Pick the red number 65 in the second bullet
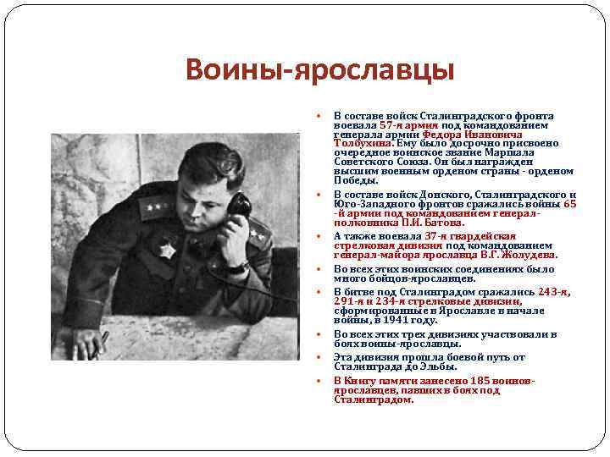coord(569,203)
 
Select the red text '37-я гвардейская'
coord(471,235)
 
